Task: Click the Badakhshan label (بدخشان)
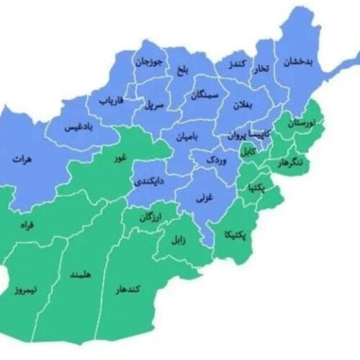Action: coord(297,61)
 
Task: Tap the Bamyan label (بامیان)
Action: coord(186,135)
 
